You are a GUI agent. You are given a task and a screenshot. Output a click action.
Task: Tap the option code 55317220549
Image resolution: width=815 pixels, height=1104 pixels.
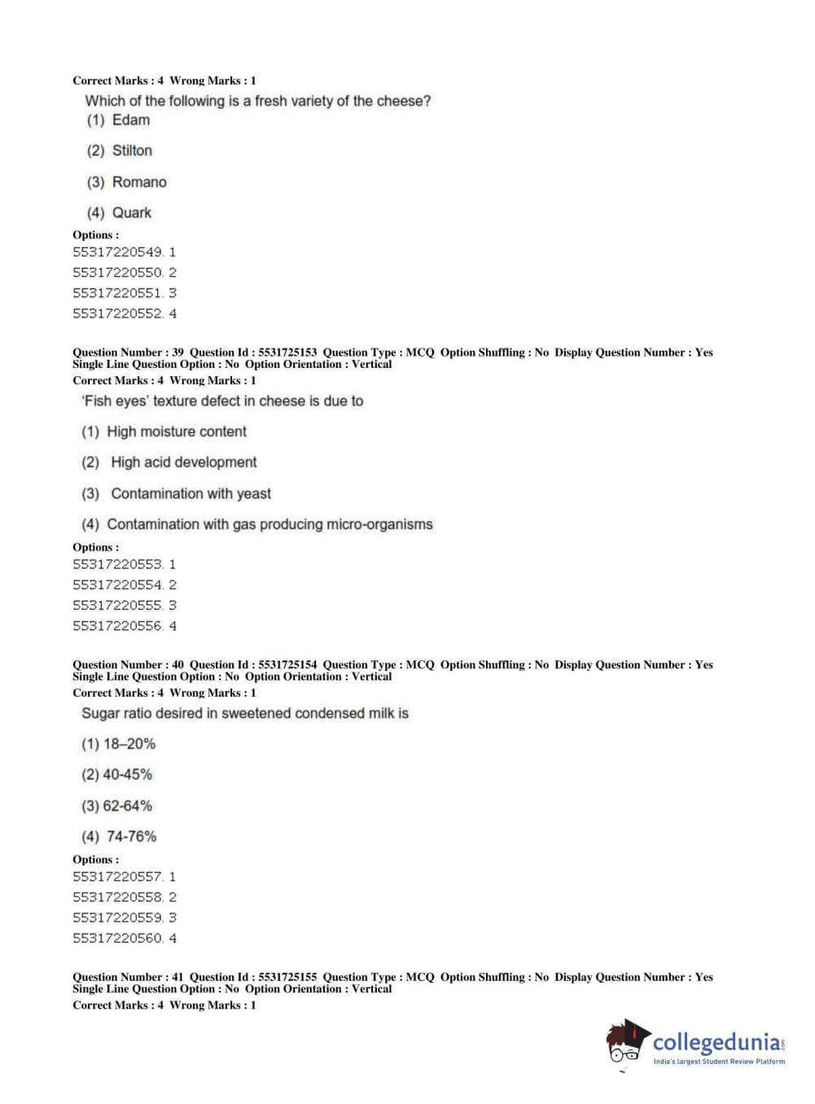pos(117,252)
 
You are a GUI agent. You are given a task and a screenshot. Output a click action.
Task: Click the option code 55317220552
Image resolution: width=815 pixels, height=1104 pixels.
pos(117,313)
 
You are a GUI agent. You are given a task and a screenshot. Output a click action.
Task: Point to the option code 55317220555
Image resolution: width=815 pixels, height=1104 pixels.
pos(117,606)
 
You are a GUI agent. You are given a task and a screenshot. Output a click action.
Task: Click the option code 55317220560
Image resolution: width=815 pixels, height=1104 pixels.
pos(117,939)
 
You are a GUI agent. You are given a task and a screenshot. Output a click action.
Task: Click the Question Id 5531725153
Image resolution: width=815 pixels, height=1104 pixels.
pos(287,353)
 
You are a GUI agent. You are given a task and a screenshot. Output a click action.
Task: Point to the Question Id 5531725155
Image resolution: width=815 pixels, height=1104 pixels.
pos(287,977)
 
